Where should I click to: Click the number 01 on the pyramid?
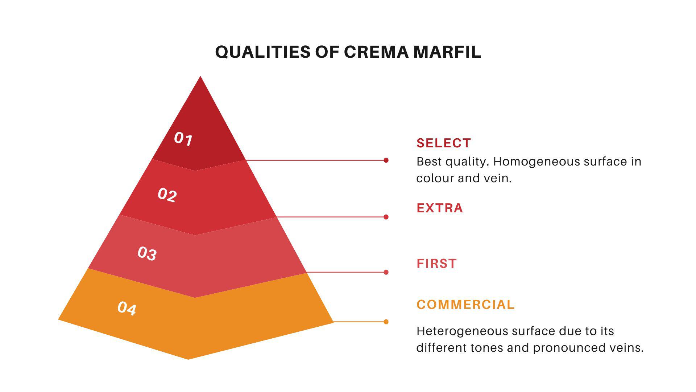click(x=183, y=139)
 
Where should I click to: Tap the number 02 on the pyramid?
click(x=167, y=195)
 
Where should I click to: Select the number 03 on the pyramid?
click(x=147, y=253)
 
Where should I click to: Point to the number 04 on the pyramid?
click(x=127, y=308)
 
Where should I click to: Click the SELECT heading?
click(x=444, y=143)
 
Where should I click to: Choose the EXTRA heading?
click(x=440, y=208)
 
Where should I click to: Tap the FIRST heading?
click(x=437, y=264)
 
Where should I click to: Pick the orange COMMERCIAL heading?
click(x=465, y=305)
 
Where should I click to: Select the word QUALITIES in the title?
click(x=263, y=52)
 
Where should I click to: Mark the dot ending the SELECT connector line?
click(x=386, y=160)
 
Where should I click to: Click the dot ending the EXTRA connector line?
click(x=386, y=217)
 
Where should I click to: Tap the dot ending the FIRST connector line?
click(x=386, y=272)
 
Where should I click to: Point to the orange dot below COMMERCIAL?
click(x=386, y=322)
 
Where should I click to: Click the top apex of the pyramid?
click(x=200, y=76)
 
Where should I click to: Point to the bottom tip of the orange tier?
click(x=188, y=359)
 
